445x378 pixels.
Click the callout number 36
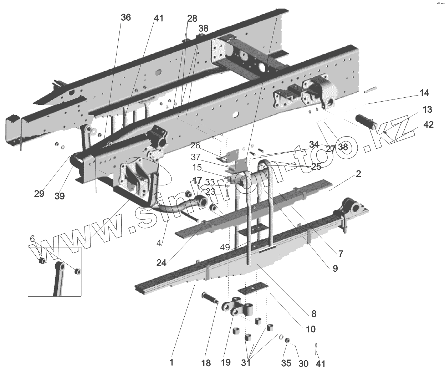126,17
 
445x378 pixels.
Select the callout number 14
424,93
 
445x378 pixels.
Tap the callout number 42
428,125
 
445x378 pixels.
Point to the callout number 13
428,109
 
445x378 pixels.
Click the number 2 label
358,174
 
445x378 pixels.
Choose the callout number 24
161,263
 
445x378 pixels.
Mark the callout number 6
32,238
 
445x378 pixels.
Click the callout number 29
39,194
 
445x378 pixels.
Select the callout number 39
60,196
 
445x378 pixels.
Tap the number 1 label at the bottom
172,363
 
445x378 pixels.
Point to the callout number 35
286,363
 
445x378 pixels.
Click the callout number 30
303,363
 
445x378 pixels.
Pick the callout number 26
195,145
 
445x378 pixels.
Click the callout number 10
311,329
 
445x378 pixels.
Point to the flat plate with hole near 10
253,288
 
